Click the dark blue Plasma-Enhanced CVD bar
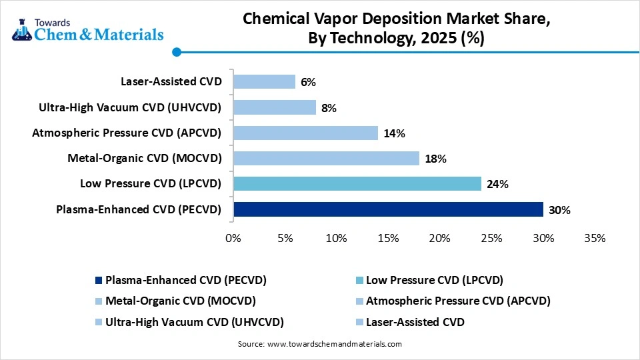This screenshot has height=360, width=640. (x=388, y=209)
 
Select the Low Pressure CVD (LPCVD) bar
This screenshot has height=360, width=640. (x=357, y=183)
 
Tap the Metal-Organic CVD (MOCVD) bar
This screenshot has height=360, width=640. (x=326, y=158)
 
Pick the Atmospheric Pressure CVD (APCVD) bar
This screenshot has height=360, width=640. (x=305, y=133)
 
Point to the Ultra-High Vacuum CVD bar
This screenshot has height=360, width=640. (x=274, y=107)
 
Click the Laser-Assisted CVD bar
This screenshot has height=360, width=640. (x=264, y=81)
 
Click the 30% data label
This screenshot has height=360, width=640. (x=559, y=210)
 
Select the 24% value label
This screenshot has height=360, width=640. (x=497, y=184)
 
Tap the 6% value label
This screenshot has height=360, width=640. (x=308, y=82)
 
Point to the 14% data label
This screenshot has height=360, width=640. (x=394, y=133)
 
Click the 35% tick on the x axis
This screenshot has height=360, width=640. (x=594, y=239)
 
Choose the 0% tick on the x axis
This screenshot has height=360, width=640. (x=233, y=239)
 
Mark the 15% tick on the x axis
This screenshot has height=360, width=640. (x=388, y=239)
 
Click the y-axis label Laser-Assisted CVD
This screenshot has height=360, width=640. (x=171, y=82)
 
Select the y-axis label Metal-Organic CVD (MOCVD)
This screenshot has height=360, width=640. (x=145, y=158)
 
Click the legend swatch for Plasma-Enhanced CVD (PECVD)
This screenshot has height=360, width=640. (x=99, y=280)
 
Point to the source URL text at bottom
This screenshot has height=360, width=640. (x=319, y=344)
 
